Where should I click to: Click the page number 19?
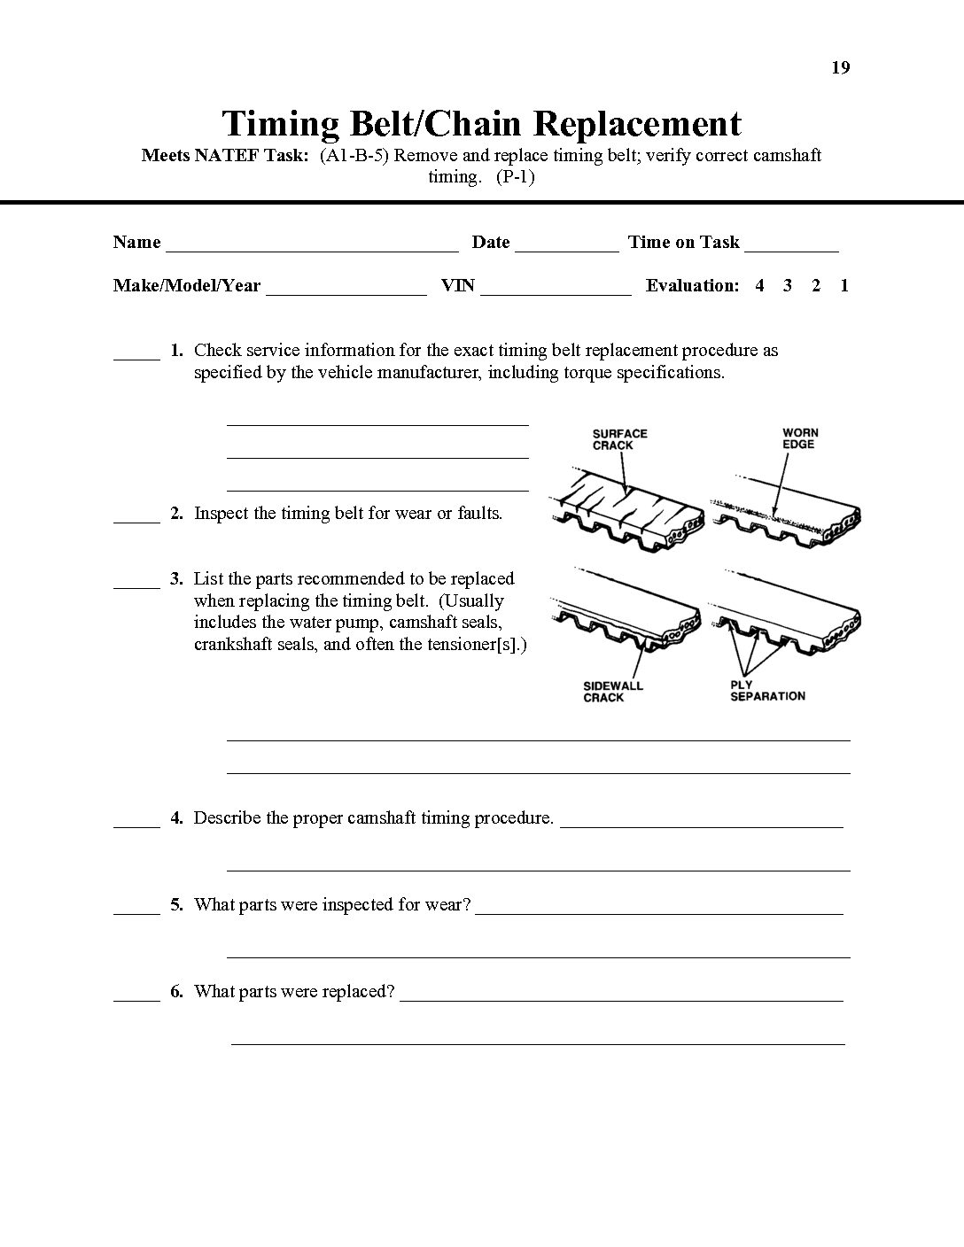pyautogui.click(x=841, y=68)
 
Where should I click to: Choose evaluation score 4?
pyautogui.click(x=759, y=285)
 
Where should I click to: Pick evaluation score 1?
pyautogui.click(x=844, y=285)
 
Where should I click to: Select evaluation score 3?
pyautogui.click(x=787, y=285)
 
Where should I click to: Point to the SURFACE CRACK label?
pyautogui.click(x=619, y=439)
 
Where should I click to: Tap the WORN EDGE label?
pyautogui.click(x=800, y=438)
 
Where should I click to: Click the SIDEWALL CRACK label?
pyautogui.click(x=612, y=692)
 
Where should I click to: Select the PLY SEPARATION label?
pyautogui.click(x=767, y=691)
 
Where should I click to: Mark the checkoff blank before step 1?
pyautogui.click(x=136, y=358)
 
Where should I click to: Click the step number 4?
pyautogui.click(x=177, y=818)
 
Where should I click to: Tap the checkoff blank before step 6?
pyautogui.click(x=136, y=999)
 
